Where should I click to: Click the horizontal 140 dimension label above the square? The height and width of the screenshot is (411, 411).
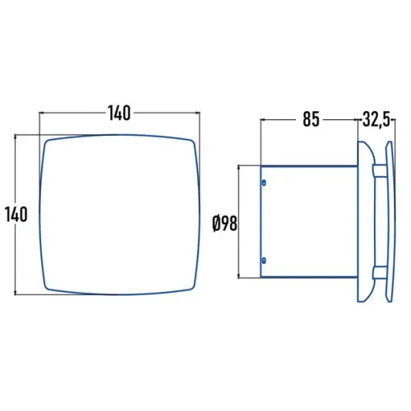pyautogui.click(x=119, y=113)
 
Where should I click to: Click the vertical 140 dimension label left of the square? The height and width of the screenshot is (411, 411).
pyautogui.click(x=16, y=215)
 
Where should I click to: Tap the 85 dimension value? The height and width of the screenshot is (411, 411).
pyautogui.click(x=311, y=119)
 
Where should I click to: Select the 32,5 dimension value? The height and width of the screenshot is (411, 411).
pyautogui.click(x=376, y=119)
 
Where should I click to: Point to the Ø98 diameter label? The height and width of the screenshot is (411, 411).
pyautogui.click(x=224, y=224)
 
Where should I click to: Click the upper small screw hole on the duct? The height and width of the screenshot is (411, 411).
pyautogui.click(x=264, y=182)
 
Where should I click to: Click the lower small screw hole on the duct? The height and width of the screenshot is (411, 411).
pyautogui.click(x=264, y=261)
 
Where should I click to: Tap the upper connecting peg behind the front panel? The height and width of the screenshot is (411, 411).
pyautogui.click(x=380, y=169)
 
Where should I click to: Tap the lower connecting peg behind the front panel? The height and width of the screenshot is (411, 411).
pyautogui.click(x=380, y=272)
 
